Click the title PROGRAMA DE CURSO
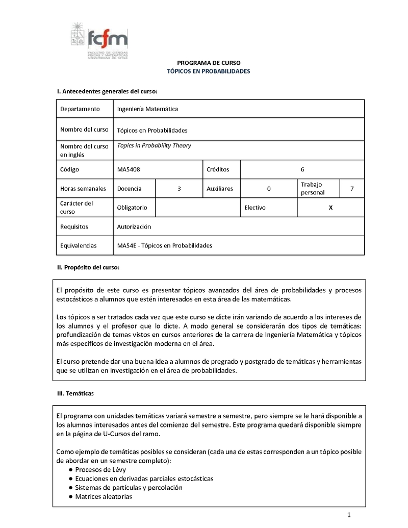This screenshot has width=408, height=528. click(x=209, y=63)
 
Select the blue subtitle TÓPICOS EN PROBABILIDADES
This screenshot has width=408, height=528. click(x=209, y=71)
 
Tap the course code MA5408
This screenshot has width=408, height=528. click(x=128, y=169)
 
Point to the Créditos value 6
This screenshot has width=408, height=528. click(x=302, y=169)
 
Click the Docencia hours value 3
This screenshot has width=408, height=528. click(x=179, y=188)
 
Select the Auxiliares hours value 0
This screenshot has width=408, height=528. click(x=269, y=188)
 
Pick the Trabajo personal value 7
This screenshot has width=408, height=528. click(x=351, y=188)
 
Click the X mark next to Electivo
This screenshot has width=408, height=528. click(x=330, y=208)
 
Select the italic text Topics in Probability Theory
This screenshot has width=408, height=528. click(x=154, y=145)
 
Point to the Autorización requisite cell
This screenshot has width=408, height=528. click(x=134, y=227)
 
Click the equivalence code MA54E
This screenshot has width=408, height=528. click(x=126, y=245)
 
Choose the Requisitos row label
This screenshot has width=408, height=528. click(x=74, y=227)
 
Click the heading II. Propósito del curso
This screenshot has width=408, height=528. click(x=88, y=267)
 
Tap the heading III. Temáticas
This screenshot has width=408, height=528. click(x=75, y=393)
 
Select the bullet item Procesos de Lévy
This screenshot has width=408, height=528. click(x=100, y=469)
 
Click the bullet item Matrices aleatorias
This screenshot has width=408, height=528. click(x=104, y=496)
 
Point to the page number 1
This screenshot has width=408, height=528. click(x=349, y=515)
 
